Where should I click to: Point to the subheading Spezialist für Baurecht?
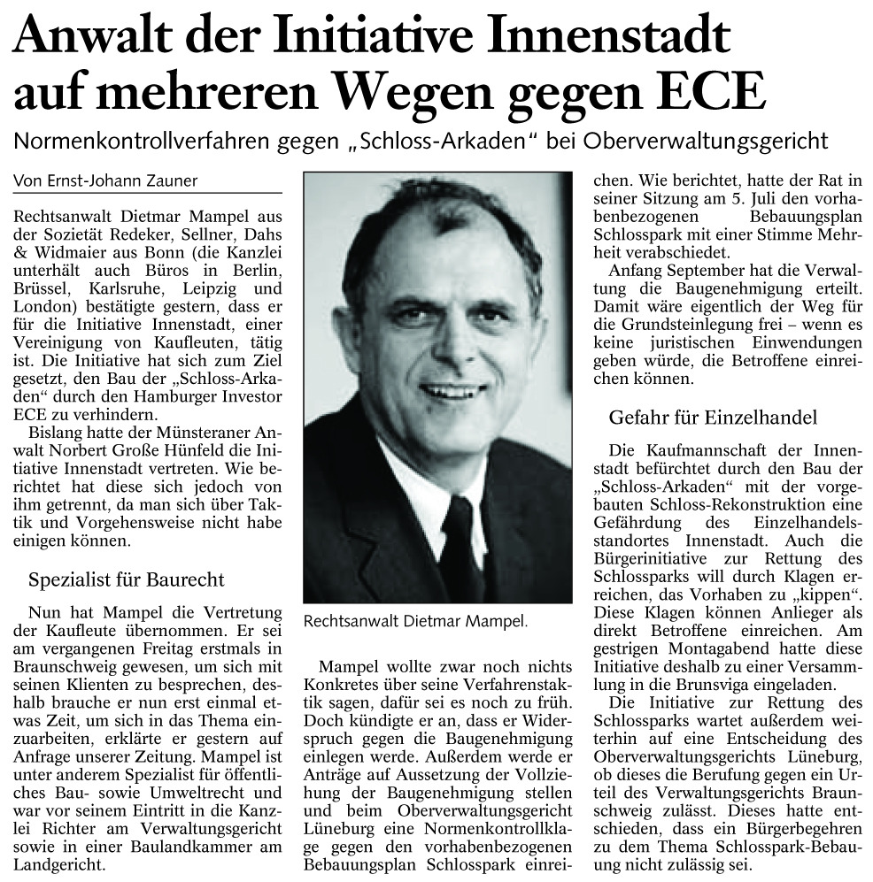click(x=127, y=580)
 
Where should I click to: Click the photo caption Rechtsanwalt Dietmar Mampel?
click(x=414, y=621)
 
